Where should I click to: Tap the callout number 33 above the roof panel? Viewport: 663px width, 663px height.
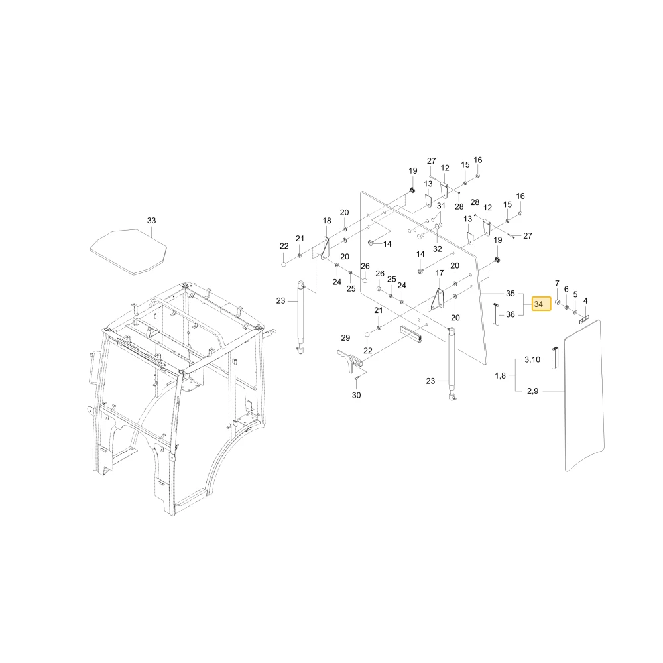pyautogui.click(x=151, y=221)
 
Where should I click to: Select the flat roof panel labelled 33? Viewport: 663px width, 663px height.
pyautogui.click(x=129, y=253)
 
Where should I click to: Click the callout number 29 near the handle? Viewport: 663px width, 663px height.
pyautogui.click(x=345, y=338)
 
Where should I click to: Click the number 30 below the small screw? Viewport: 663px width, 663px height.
pyautogui.click(x=357, y=395)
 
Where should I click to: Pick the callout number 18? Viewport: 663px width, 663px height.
pyautogui.click(x=327, y=221)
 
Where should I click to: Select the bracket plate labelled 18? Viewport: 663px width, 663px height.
pyautogui.click(x=326, y=248)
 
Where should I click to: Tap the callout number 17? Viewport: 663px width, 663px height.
pyautogui.click(x=440, y=273)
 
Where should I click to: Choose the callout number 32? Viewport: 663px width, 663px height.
pyautogui.click(x=437, y=249)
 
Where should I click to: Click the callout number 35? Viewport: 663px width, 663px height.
pyautogui.click(x=511, y=294)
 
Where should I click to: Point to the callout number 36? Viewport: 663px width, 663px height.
pyautogui.click(x=511, y=314)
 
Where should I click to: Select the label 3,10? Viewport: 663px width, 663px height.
pyautogui.click(x=532, y=359)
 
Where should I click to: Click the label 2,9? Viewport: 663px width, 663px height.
pyautogui.click(x=533, y=391)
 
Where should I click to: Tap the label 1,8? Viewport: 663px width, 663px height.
pyautogui.click(x=500, y=375)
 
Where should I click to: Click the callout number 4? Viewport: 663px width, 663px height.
pyautogui.click(x=585, y=301)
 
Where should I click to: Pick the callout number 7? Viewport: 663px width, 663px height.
pyautogui.click(x=557, y=283)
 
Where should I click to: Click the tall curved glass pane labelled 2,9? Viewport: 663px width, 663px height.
pyautogui.click(x=585, y=395)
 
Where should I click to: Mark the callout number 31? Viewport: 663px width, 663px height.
pyautogui.click(x=441, y=206)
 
